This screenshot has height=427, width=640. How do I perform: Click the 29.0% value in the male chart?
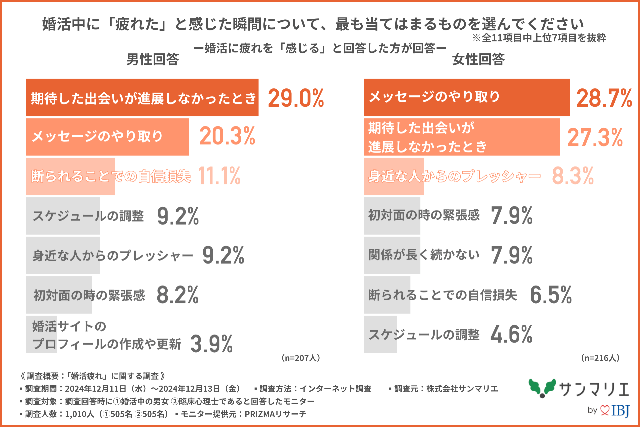[296, 98]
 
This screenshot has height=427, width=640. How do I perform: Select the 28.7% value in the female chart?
[604, 98]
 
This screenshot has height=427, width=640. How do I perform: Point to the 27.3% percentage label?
[595, 137]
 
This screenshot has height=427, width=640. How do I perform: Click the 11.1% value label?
[219, 175]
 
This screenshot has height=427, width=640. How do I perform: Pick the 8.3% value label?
[573, 175]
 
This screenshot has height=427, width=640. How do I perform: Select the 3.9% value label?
[211, 344]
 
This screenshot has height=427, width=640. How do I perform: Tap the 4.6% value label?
[511, 334]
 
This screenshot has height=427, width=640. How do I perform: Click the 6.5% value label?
[551, 295]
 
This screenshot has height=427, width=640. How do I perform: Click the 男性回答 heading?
[153, 59]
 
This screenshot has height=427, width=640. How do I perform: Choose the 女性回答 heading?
[478, 59]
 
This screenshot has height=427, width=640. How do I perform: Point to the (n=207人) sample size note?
[301, 358]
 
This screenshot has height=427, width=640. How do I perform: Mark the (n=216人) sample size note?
[600, 358]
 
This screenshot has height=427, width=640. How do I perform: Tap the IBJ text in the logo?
[620, 410]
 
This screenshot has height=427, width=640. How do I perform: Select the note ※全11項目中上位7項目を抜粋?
[539, 38]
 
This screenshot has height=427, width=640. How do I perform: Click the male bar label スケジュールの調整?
[88, 216]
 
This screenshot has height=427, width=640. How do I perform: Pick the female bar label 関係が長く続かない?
[424, 255]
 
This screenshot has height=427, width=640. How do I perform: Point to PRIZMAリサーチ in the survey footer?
[275, 414]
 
